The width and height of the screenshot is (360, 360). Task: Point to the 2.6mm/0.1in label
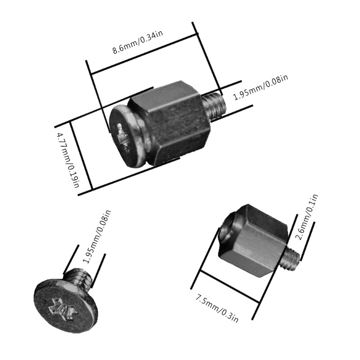point(307,217)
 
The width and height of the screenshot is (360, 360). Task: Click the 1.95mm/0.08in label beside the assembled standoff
point(261,87)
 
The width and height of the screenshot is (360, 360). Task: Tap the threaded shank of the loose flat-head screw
point(79,277)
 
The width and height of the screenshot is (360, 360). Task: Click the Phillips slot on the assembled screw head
point(122,138)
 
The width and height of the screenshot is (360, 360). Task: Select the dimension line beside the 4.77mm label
point(81,155)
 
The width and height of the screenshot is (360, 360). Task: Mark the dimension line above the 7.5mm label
point(230,287)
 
